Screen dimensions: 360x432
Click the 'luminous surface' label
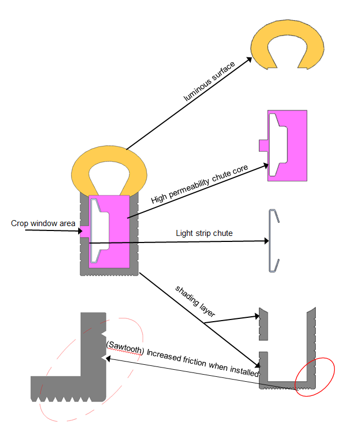point(209,81)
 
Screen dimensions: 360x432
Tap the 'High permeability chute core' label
point(199,184)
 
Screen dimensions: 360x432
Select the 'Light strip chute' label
point(204,233)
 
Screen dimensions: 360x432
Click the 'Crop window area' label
point(43,223)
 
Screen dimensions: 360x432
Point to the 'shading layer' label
point(195,301)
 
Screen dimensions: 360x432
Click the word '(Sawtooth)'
point(125,347)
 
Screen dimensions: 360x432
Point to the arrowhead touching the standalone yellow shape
point(249,60)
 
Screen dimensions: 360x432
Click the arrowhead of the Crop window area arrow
point(80,231)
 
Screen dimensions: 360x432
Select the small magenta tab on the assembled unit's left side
point(85,232)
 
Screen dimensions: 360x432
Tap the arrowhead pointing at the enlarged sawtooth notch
point(108,358)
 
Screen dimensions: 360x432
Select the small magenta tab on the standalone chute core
point(263,145)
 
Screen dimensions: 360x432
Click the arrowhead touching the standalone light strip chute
point(267,241)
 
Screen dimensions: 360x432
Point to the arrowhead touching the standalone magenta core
point(265,165)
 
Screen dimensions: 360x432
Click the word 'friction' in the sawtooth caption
point(195,360)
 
